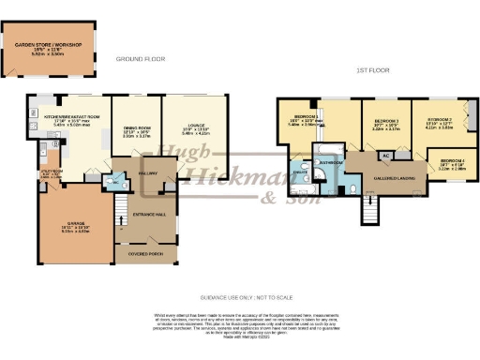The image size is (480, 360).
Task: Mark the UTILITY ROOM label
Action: coord(50,172)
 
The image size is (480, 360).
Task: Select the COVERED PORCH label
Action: coord(139,252)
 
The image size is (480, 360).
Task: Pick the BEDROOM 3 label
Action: coord(387,122)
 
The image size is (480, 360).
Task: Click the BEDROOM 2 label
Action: coord(440,120)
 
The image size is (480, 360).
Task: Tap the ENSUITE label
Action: coord(301,173)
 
